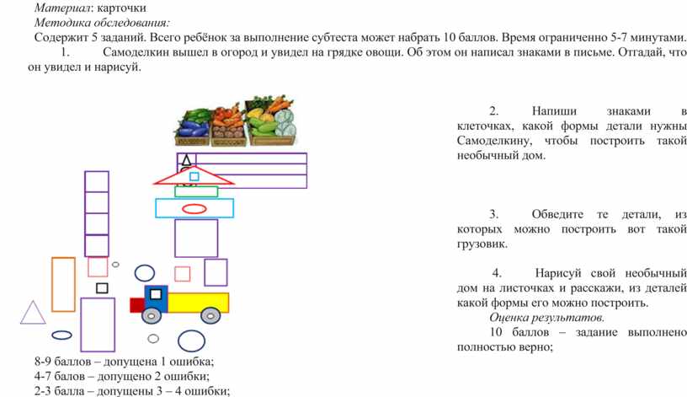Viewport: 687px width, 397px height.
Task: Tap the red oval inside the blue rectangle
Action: pos(194,209)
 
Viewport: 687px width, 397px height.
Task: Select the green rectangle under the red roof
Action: pos(196,191)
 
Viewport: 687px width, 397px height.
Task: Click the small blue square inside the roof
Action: pos(194,176)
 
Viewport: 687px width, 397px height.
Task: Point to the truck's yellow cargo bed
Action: pos(198,303)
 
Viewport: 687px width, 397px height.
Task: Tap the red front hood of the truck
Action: pos(137,305)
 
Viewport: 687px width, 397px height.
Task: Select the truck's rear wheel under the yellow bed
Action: pos(210,315)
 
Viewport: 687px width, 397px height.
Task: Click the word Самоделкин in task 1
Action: pos(136,52)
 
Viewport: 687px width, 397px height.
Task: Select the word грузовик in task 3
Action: pos(482,244)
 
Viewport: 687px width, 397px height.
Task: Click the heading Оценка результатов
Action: pos(546,317)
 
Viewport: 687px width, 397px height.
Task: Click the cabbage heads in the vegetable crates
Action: pos(285,123)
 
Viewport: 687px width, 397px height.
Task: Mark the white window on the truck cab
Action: pos(156,294)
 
